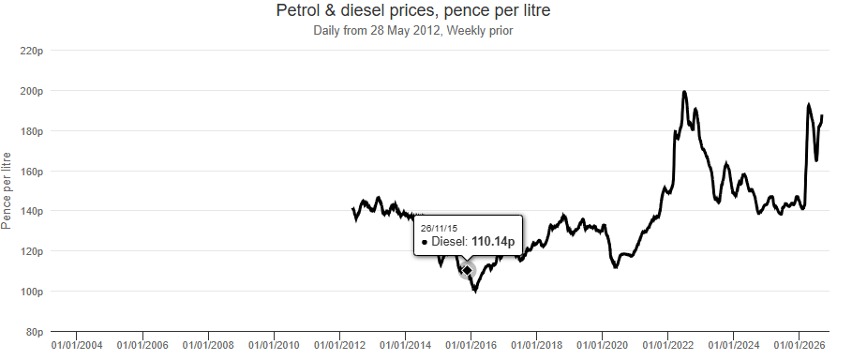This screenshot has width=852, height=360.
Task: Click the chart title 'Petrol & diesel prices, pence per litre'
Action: click(413, 9)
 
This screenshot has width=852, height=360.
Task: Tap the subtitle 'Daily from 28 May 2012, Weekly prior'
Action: click(413, 30)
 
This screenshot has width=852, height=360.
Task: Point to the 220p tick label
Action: click(32, 51)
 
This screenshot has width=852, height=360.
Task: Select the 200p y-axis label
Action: click(32, 91)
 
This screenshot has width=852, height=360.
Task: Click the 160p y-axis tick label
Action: click(32, 172)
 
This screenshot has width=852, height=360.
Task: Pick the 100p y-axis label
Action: click(32, 292)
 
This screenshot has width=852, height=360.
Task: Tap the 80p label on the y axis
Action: click(35, 332)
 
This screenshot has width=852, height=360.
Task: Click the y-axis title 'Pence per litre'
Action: click(6, 191)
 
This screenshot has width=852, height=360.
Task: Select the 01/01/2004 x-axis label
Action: click(77, 345)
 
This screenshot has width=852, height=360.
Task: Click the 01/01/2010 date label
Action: click(274, 345)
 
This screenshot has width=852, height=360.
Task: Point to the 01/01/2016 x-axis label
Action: click(471, 345)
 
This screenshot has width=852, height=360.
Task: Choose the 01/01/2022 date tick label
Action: click(667, 345)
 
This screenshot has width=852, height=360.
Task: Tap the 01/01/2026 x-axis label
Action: click(800, 345)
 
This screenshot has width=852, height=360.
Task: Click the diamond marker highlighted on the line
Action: click(467, 270)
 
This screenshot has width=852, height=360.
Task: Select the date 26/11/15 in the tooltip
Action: click(439, 228)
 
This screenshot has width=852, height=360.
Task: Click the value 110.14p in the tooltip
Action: click(493, 242)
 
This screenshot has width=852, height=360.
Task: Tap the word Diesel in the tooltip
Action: click(449, 242)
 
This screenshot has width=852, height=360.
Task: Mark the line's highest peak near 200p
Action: click(684, 92)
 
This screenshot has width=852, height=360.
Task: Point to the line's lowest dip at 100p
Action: click(476, 291)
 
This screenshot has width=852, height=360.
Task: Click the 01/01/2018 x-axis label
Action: click(536, 345)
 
